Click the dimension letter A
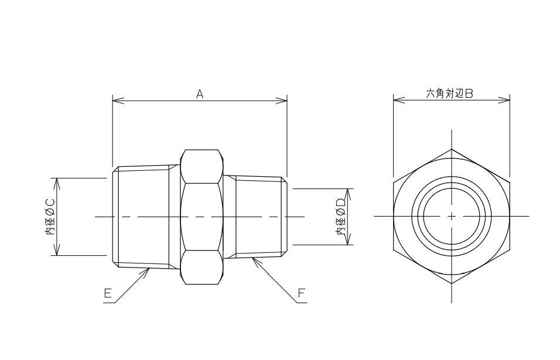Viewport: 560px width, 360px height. point(200,94)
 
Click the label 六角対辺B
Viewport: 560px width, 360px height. point(450,94)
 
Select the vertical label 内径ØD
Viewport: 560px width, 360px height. point(341,217)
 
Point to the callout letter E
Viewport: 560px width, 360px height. point(108,293)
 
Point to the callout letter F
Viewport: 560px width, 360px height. point(302,293)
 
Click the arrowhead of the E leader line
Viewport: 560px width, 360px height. point(148,271)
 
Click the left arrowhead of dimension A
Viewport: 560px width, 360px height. point(118,101)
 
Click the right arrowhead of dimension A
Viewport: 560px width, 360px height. point(281,101)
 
